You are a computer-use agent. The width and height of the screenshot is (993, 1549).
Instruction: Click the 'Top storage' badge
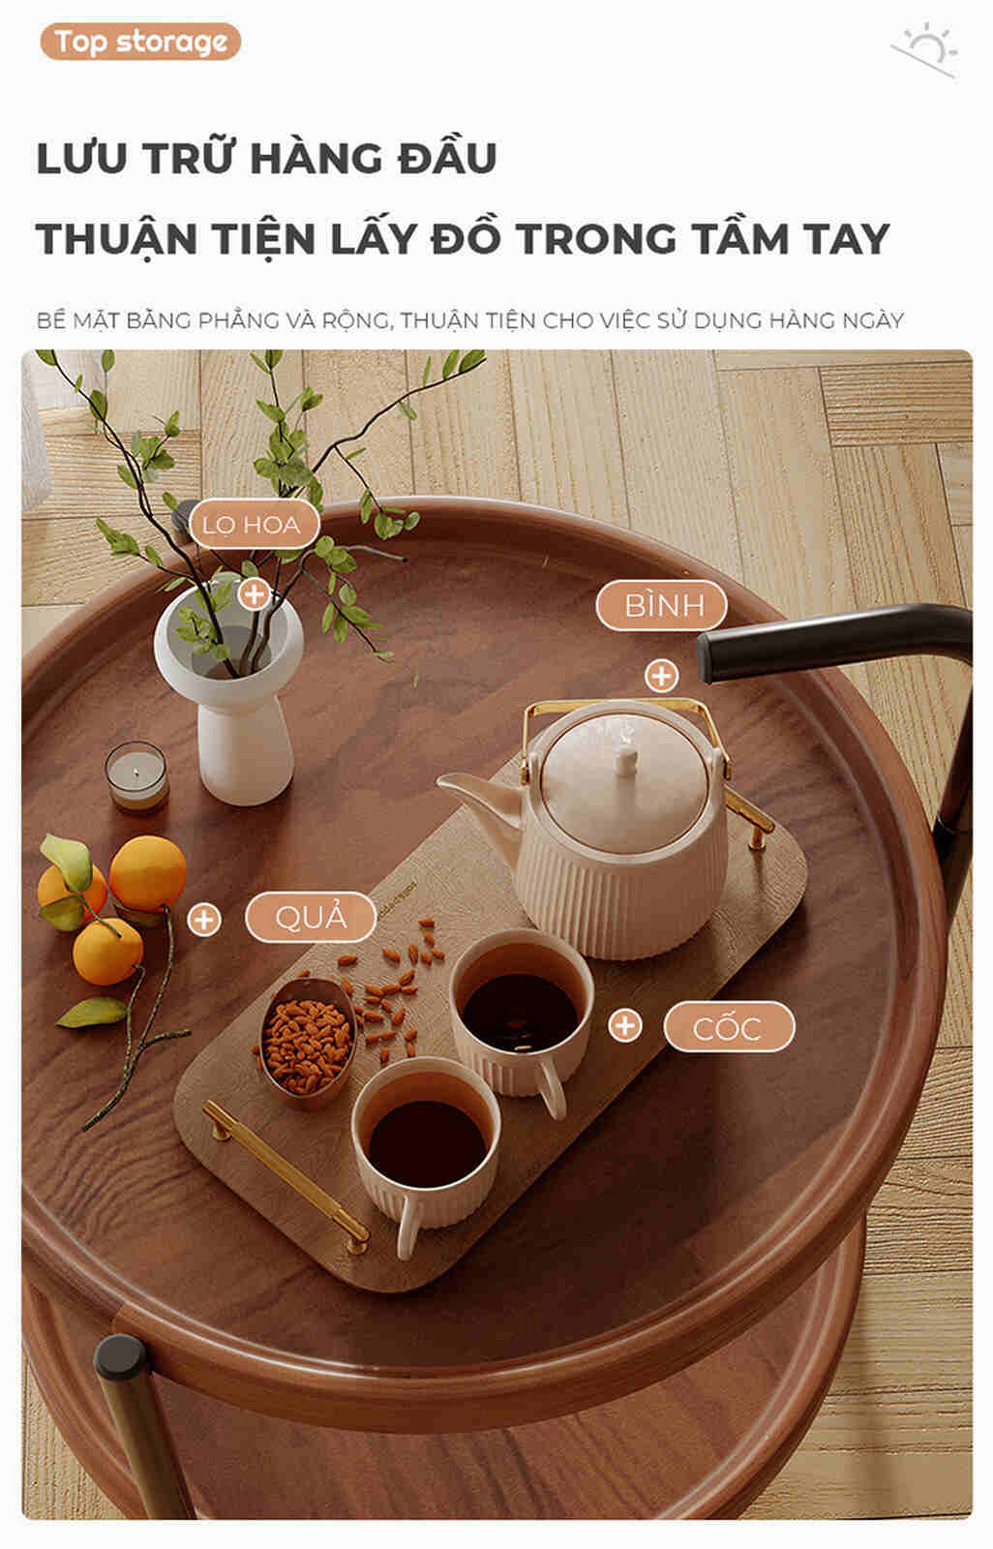coord(140,42)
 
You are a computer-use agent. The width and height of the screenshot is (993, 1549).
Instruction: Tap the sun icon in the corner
coord(926,49)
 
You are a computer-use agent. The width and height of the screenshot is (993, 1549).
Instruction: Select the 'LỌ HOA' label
coord(253,525)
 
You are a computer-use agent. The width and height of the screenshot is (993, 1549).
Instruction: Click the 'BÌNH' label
coord(662,606)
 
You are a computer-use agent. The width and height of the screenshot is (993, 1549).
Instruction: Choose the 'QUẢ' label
coord(311,917)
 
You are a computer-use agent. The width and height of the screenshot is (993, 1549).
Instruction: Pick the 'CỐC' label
coord(729,1027)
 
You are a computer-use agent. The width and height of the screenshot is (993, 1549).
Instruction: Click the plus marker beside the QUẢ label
coord(204,920)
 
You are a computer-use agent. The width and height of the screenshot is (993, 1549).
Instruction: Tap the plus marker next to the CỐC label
coord(625,1025)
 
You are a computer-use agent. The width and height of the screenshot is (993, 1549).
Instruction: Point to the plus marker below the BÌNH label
coord(662,676)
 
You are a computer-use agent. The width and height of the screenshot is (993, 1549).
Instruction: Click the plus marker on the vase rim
coord(255,594)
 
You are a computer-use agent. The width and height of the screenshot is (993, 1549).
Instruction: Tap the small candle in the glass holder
coord(136,775)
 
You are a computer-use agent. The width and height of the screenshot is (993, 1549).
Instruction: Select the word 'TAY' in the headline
coord(846,239)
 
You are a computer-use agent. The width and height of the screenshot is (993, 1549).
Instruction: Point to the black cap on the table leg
coord(120,1356)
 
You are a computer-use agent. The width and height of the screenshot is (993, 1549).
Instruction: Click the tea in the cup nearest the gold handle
coord(427,1144)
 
